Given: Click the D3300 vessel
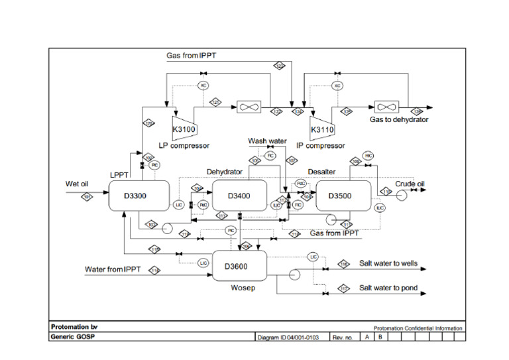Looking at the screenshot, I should (x=136, y=196).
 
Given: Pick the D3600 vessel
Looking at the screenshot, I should (x=239, y=267).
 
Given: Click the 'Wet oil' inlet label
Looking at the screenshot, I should (x=77, y=184).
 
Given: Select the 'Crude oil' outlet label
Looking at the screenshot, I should (x=410, y=184).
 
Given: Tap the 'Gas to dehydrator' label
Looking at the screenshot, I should (x=399, y=120).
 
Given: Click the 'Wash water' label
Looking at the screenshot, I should (x=266, y=141).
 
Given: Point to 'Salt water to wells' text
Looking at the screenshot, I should (x=388, y=263).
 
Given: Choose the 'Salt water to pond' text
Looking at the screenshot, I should (x=388, y=288).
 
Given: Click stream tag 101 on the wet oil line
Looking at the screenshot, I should (x=87, y=196).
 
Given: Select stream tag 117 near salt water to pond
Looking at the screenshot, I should (x=344, y=288).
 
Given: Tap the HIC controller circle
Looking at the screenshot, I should (x=368, y=156).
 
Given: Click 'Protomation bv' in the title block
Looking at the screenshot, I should (x=74, y=327).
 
